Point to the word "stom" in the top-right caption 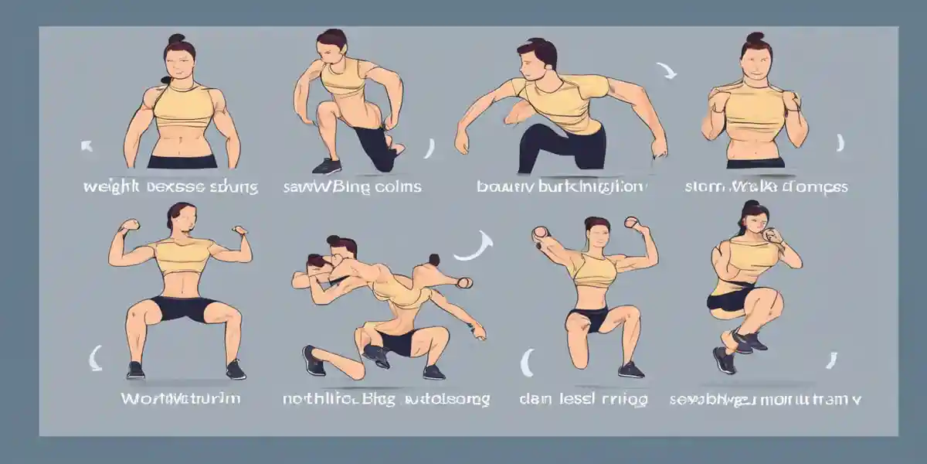click(701, 186)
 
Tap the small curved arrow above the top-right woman click(666, 71)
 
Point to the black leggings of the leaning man click(562, 147)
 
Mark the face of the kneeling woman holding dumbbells click(596, 237)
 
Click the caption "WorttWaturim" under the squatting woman click(181, 399)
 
